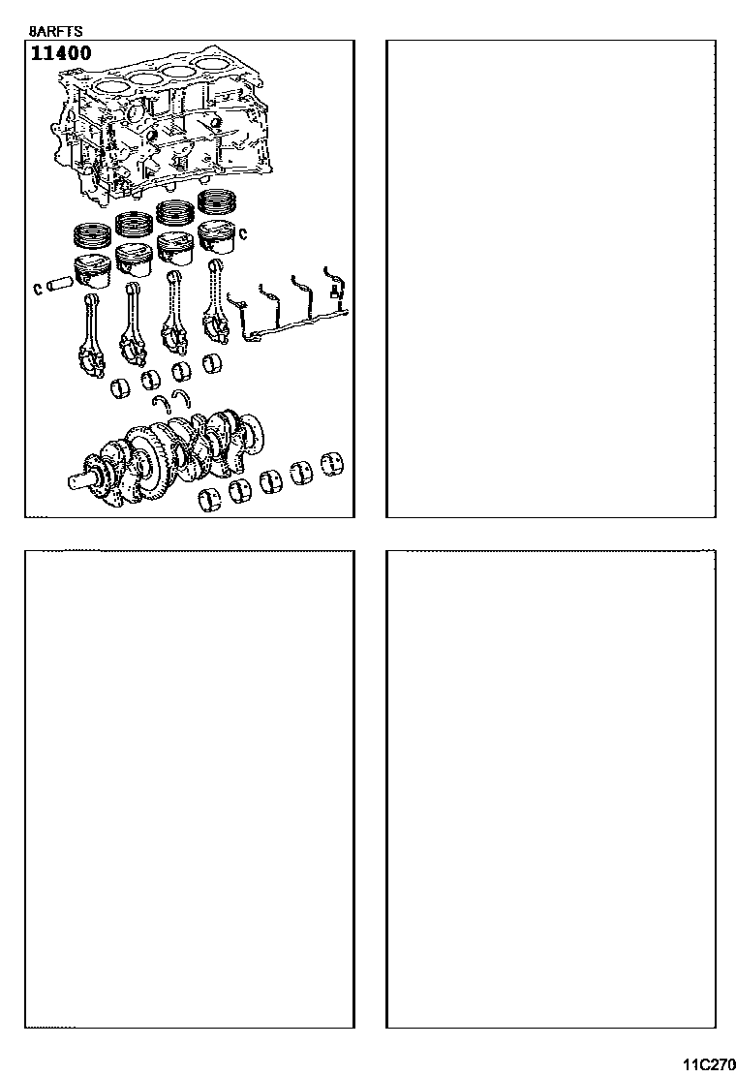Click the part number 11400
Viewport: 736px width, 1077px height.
(61, 53)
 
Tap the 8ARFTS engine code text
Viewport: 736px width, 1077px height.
(55, 32)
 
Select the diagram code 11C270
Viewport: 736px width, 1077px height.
(709, 1064)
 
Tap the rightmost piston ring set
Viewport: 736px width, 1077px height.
(218, 201)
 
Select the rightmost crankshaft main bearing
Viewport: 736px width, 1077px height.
(334, 464)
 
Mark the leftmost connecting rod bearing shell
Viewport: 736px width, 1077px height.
(121, 388)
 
